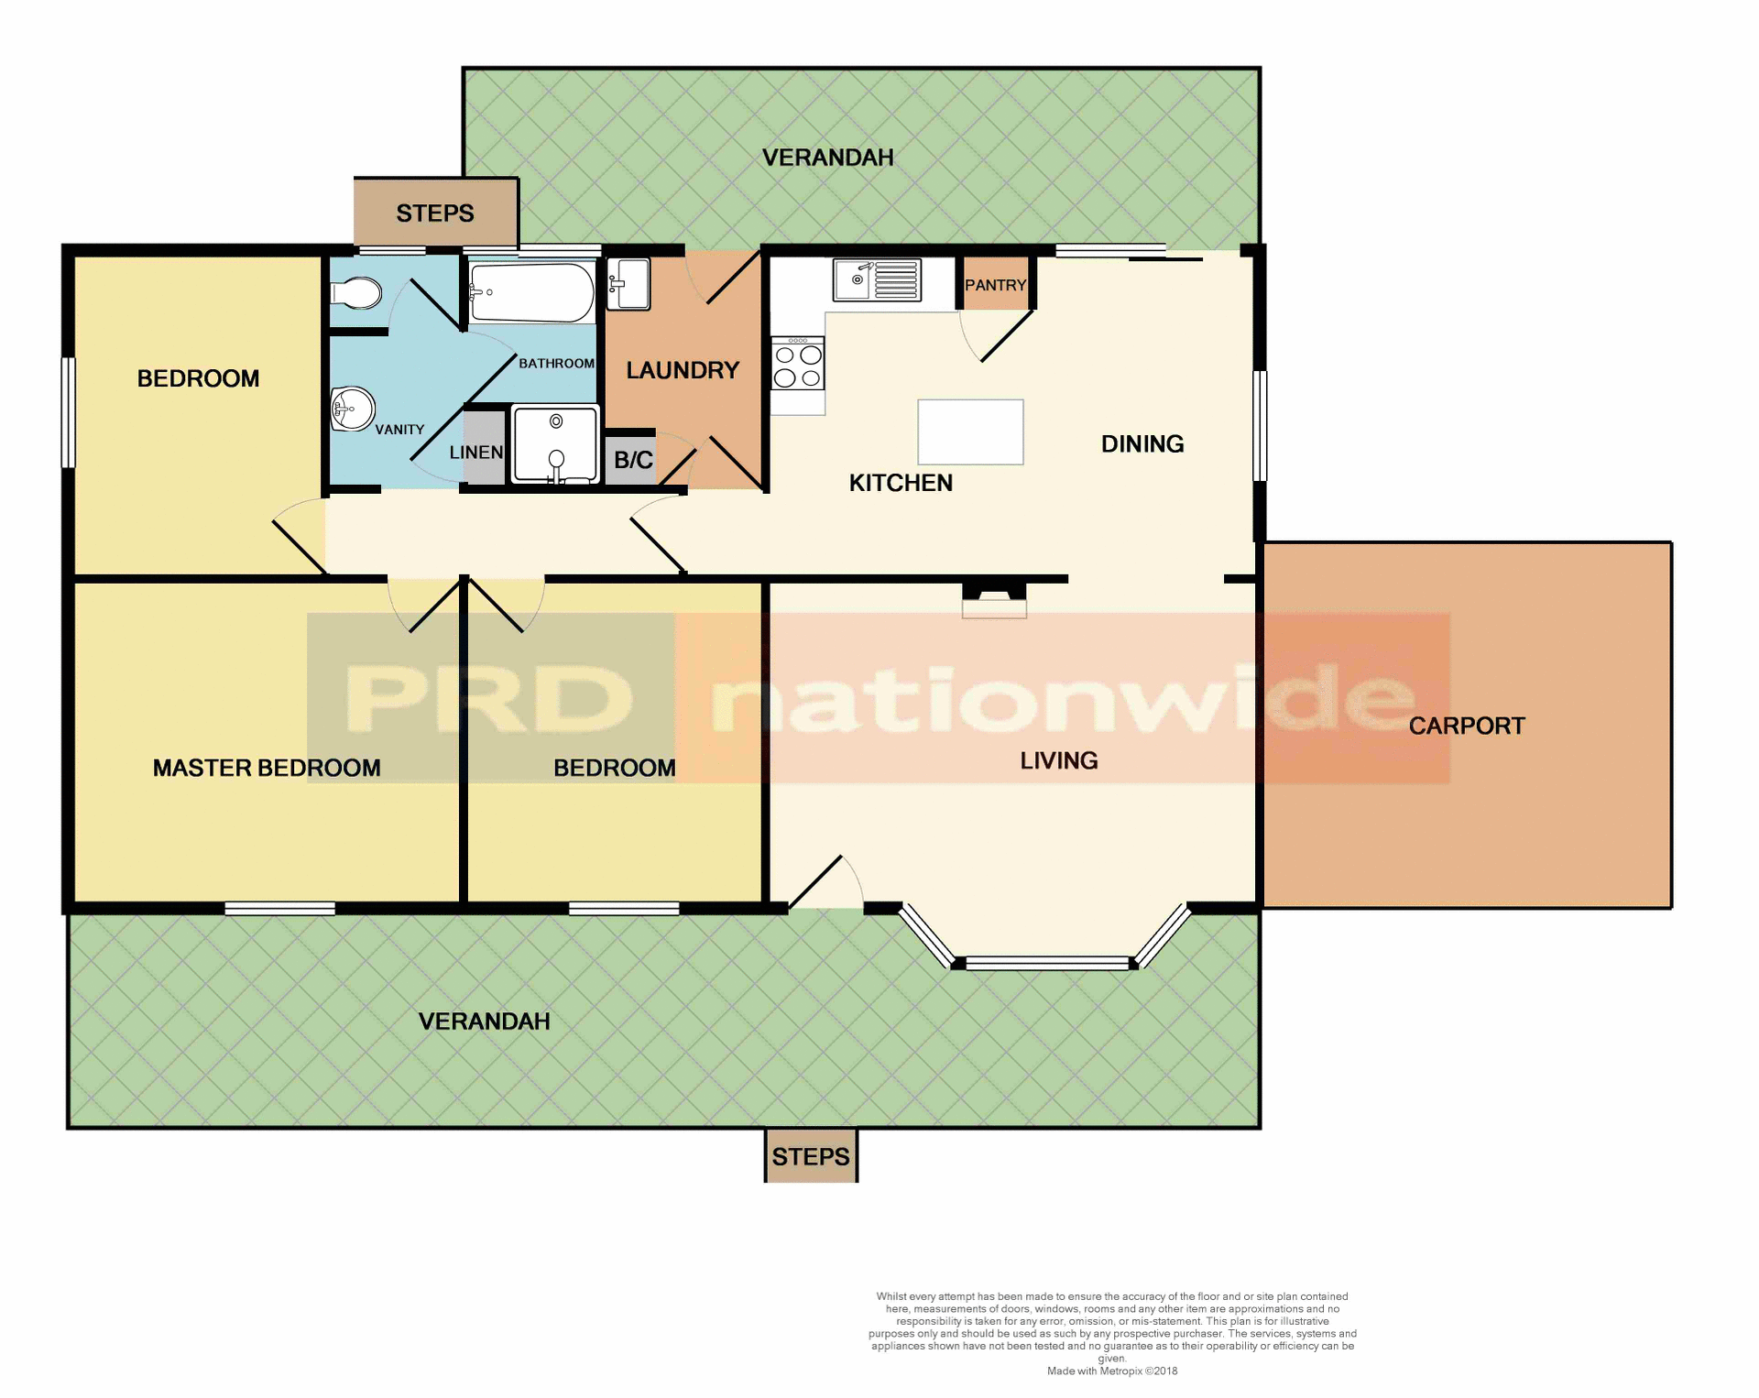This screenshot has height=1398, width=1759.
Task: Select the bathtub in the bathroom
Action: (531, 292)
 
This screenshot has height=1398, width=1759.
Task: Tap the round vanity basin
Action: (354, 409)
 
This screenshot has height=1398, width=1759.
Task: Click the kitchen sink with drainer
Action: (877, 279)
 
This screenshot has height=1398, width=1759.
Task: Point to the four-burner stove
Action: (798, 364)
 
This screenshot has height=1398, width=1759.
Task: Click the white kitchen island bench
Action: (970, 431)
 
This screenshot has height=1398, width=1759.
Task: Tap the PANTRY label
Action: (995, 285)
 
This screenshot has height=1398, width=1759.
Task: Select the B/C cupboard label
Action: (633, 460)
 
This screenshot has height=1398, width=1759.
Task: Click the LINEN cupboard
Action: (484, 448)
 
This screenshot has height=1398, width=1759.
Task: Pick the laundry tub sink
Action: (628, 283)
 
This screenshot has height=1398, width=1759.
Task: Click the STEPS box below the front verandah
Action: (811, 1156)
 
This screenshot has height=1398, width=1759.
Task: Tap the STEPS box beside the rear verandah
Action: (435, 213)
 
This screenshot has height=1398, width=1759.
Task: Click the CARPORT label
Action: (1466, 726)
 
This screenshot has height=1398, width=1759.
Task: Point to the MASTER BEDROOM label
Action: (267, 768)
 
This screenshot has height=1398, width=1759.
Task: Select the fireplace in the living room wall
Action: (994, 600)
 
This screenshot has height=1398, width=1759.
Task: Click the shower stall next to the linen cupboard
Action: (555, 444)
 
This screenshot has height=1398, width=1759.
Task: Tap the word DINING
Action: (1142, 444)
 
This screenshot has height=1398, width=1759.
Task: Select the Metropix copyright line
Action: (1111, 1371)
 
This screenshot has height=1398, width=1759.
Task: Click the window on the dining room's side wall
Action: (1260, 425)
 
